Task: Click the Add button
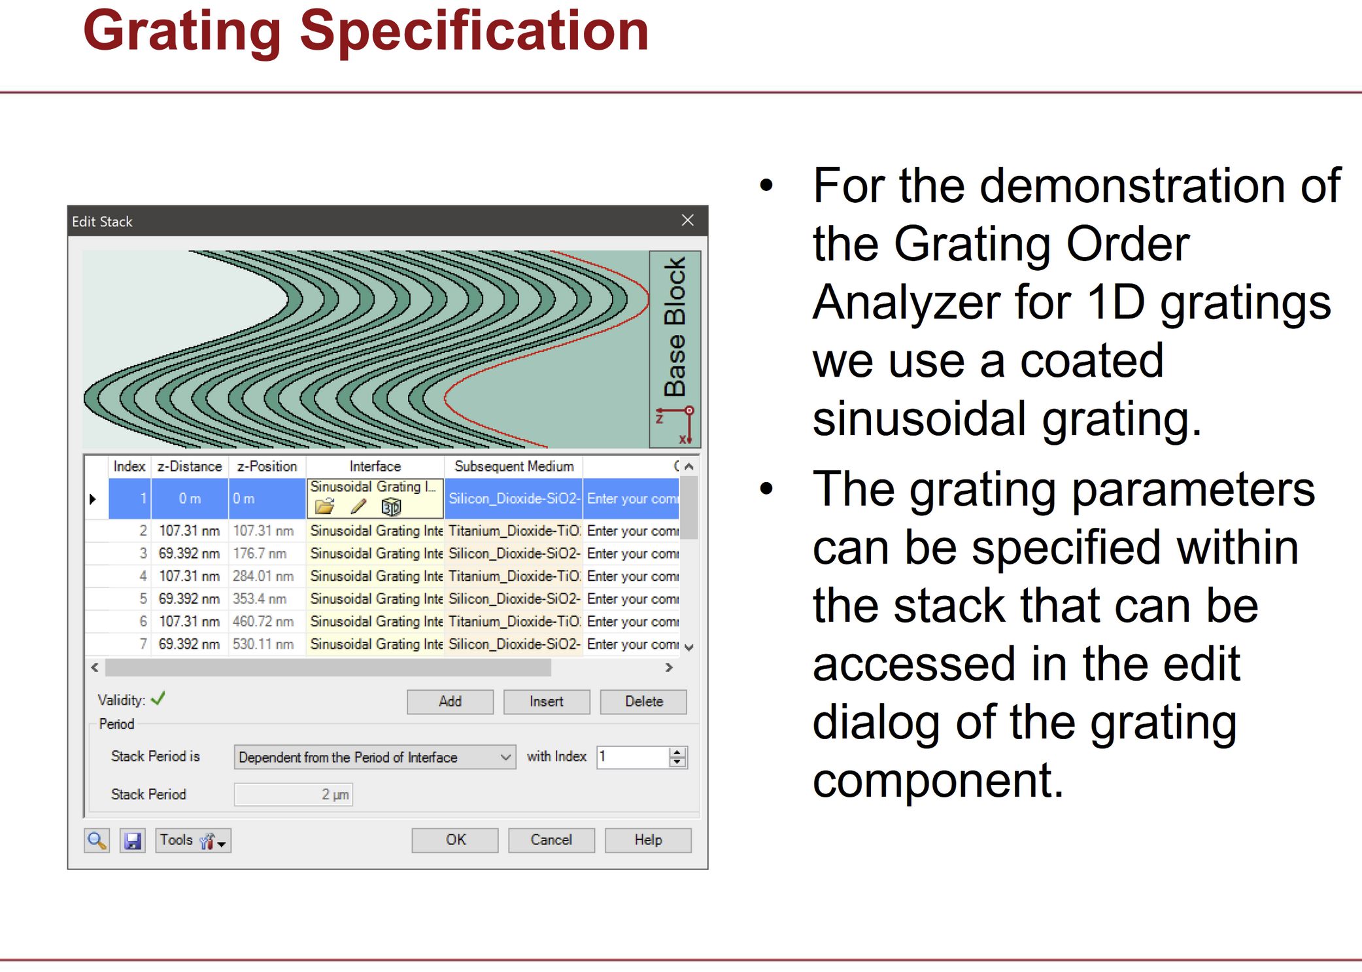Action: point(450,701)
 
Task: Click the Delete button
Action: point(643,701)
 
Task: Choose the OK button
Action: point(455,840)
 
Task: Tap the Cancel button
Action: point(551,840)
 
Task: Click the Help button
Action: point(648,840)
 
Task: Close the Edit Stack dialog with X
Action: point(687,220)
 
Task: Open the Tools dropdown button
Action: point(194,841)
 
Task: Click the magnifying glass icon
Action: point(97,841)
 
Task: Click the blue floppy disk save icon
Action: point(133,841)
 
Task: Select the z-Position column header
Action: point(267,466)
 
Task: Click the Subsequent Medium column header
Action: point(514,466)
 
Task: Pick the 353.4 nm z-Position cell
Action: point(260,599)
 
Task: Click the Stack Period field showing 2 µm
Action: point(294,794)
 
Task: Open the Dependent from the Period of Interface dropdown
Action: point(375,757)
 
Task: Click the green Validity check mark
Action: point(158,699)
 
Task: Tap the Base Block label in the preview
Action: point(675,327)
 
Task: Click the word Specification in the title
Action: point(474,30)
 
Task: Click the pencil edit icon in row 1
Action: point(358,506)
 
